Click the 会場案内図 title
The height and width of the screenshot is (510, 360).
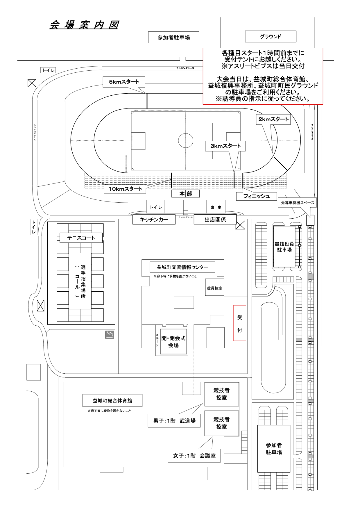(84, 25)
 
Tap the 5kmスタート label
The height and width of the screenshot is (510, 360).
(124, 82)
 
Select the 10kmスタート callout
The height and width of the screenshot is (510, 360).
(125, 189)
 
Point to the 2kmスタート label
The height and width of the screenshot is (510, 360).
(273, 119)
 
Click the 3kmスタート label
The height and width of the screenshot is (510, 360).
(225, 146)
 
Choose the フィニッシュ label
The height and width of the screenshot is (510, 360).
(256, 196)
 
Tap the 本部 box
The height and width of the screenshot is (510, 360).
(185, 194)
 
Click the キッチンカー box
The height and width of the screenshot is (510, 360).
(154, 220)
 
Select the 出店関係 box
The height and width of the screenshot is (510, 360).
(215, 220)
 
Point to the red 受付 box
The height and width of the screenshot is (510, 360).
(240, 323)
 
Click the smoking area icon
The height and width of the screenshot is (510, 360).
(110, 335)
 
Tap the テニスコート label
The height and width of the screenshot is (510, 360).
(81, 238)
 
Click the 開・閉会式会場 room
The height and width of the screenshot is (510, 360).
(173, 342)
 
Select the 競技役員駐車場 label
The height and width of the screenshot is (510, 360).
(284, 246)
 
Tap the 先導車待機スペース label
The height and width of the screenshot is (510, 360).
(297, 203)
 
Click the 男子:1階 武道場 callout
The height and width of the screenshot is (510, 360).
(174, 420)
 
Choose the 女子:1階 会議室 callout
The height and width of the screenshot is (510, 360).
(194, 456)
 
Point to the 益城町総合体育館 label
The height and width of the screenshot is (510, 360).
(112, 400)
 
